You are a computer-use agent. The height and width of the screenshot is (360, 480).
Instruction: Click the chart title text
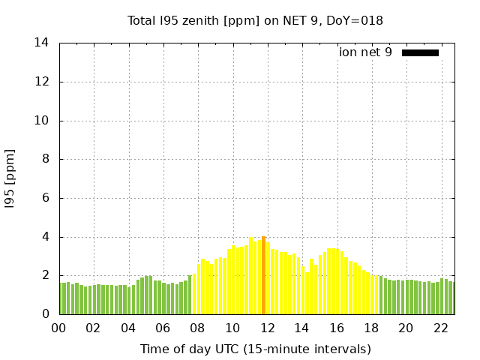[x=255, y=21]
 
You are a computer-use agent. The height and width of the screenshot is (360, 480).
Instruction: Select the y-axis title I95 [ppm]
[x=10, y=178]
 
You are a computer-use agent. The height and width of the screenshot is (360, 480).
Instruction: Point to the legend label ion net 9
[x=365, y=52]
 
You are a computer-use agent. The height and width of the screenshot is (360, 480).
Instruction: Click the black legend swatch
[x=420, y=52]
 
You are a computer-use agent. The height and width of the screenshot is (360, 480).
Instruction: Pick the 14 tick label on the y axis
[x=42, y=43]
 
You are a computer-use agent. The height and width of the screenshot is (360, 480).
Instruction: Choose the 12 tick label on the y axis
[x=42, y=82]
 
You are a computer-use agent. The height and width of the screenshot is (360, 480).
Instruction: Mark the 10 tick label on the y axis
[x=42, y=121]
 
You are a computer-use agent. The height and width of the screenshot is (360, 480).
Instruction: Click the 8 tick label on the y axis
[x=46, y=159]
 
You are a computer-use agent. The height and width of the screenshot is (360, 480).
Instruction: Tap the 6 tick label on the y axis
[x=46, y=198]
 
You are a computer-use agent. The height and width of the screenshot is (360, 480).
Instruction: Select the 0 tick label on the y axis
[x=46, y=314]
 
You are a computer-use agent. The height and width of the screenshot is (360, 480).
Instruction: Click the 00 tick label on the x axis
[x=59, y=328]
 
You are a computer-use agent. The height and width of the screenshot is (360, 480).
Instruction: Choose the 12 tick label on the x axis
[x=267, y=328]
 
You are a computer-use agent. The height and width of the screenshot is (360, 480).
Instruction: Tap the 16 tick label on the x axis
[x=337, y=328]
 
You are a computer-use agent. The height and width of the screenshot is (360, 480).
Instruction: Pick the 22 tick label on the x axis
[x=440, y=328]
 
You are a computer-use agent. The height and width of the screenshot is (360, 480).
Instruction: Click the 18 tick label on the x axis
[x=371, y=328]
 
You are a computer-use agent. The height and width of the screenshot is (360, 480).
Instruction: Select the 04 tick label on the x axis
[x=128, y=328]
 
